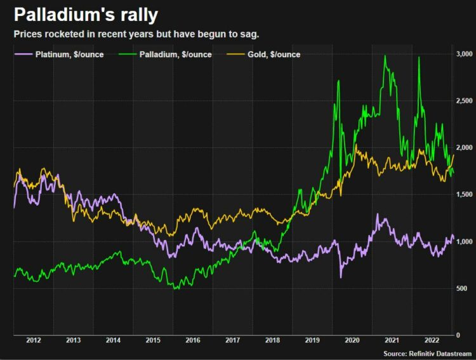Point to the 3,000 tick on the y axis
tap(464, 55)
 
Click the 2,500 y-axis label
tap(464, 101)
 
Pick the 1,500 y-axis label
tap(464, 195)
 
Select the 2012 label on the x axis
tap(33, 340)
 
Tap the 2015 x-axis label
tap(153, 340)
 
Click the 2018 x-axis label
tap(273, 340)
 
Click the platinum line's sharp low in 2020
tap(341, 277)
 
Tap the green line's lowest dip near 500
tap(176, 289)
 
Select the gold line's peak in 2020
tap(357, 145)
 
